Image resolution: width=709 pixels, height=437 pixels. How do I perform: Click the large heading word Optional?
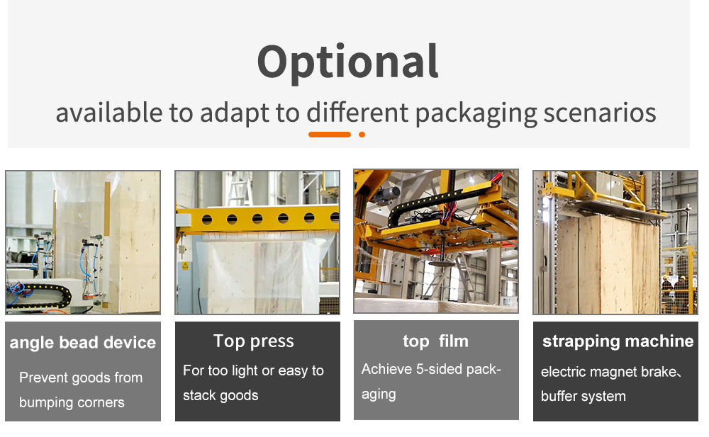(x=347, y=62)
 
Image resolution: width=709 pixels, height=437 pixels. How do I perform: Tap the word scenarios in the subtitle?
(x=600, y=113)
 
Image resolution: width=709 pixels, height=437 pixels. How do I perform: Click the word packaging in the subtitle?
(x=476, y=113)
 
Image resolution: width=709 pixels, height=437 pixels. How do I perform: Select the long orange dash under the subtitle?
(x=330, y=135)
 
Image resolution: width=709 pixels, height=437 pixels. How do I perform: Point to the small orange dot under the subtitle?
(x=362, y=135)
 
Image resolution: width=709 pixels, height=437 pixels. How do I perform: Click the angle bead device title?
(x=83, y=343)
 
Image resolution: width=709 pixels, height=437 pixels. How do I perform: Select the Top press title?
(x=254, y=341)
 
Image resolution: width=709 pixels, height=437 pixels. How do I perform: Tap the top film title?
(x=435, y=341)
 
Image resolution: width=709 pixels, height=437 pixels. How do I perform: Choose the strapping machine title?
(x=618, y=341)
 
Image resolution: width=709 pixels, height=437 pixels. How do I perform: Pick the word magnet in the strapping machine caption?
(x=613, y=372)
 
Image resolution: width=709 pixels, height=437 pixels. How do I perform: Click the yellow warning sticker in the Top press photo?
(x=185, y=266)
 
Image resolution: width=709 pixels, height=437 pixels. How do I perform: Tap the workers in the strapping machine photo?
(x=674, y=293)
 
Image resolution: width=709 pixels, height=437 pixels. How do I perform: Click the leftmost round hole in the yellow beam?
(x=206, y=220)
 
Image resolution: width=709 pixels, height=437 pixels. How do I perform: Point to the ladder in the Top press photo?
(x=239, y=189)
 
